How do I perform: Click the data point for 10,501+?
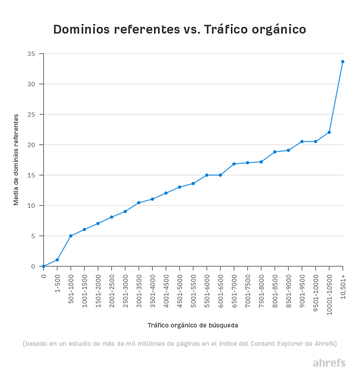click(x=343, y=62)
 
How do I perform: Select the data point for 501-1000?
click(x=71, y=236)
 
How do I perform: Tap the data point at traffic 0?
click(x=44, y=266)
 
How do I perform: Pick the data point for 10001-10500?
click(x=329, y=132)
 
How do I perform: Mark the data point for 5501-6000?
click(x=207, y=175)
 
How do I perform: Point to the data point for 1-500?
click(x=57, y=260)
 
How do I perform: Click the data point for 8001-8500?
click(x=275, y=152)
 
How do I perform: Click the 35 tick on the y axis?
click(x=32, y=54)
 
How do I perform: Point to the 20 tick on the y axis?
click(x=32, y=145)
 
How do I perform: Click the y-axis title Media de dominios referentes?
click(x=16, y=160)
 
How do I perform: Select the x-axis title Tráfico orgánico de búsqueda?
click(x=193, y=325)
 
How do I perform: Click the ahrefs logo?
click(x=329, y=363)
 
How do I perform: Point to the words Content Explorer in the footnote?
click(x=274, y=344)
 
